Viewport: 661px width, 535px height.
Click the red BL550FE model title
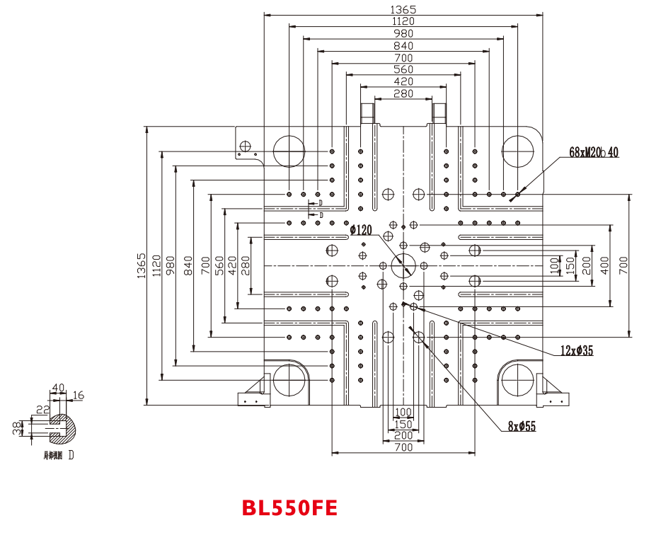click(289, 508)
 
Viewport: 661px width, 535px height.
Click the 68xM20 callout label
click(593, 152)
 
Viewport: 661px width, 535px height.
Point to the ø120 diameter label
click(360, 229)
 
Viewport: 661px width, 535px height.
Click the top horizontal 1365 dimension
click(403, 9)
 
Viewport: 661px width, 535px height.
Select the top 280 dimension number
click(403, 93)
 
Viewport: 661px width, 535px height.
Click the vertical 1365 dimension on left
click(142, 265)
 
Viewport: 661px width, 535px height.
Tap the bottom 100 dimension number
click(403, 412)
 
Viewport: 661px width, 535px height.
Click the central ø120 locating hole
click(403, 265)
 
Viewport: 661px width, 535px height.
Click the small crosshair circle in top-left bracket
click(246, 146)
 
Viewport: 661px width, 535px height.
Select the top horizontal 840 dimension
click(403, 46)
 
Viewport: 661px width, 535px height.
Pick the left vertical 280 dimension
click(245, 265)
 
